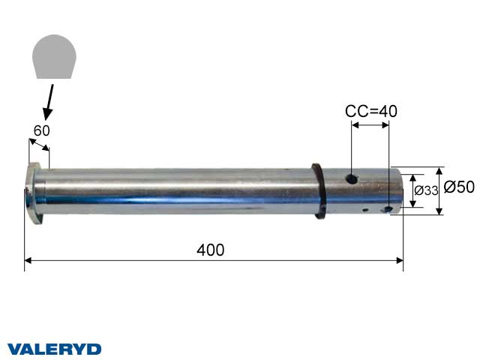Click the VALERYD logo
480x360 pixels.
(54, 349)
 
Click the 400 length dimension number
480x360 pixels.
(211, 250)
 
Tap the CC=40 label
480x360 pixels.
(370, 111)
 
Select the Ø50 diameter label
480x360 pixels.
(458, 187)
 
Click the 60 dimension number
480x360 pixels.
(41, 130)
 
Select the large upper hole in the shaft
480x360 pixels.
(350, 179)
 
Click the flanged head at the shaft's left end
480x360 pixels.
(33, 192)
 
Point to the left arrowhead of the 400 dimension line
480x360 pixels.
(28, 260)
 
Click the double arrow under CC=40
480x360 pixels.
(370, 125)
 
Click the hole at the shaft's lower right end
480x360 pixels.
(388, 209)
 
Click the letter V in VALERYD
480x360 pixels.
(13, 349)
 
